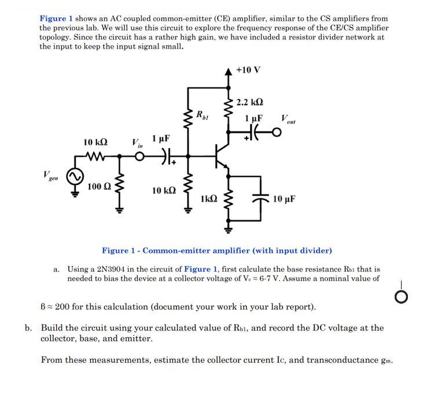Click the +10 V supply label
[248, 70]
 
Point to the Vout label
[288, 119]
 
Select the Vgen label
[51, 175]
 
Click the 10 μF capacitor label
[284, 199]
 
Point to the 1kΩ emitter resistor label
[209, 199]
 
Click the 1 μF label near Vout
[253, 118]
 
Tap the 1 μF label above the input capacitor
[161, 139]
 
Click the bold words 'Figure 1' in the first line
[56, 19]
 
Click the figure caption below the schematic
[217, 250]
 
